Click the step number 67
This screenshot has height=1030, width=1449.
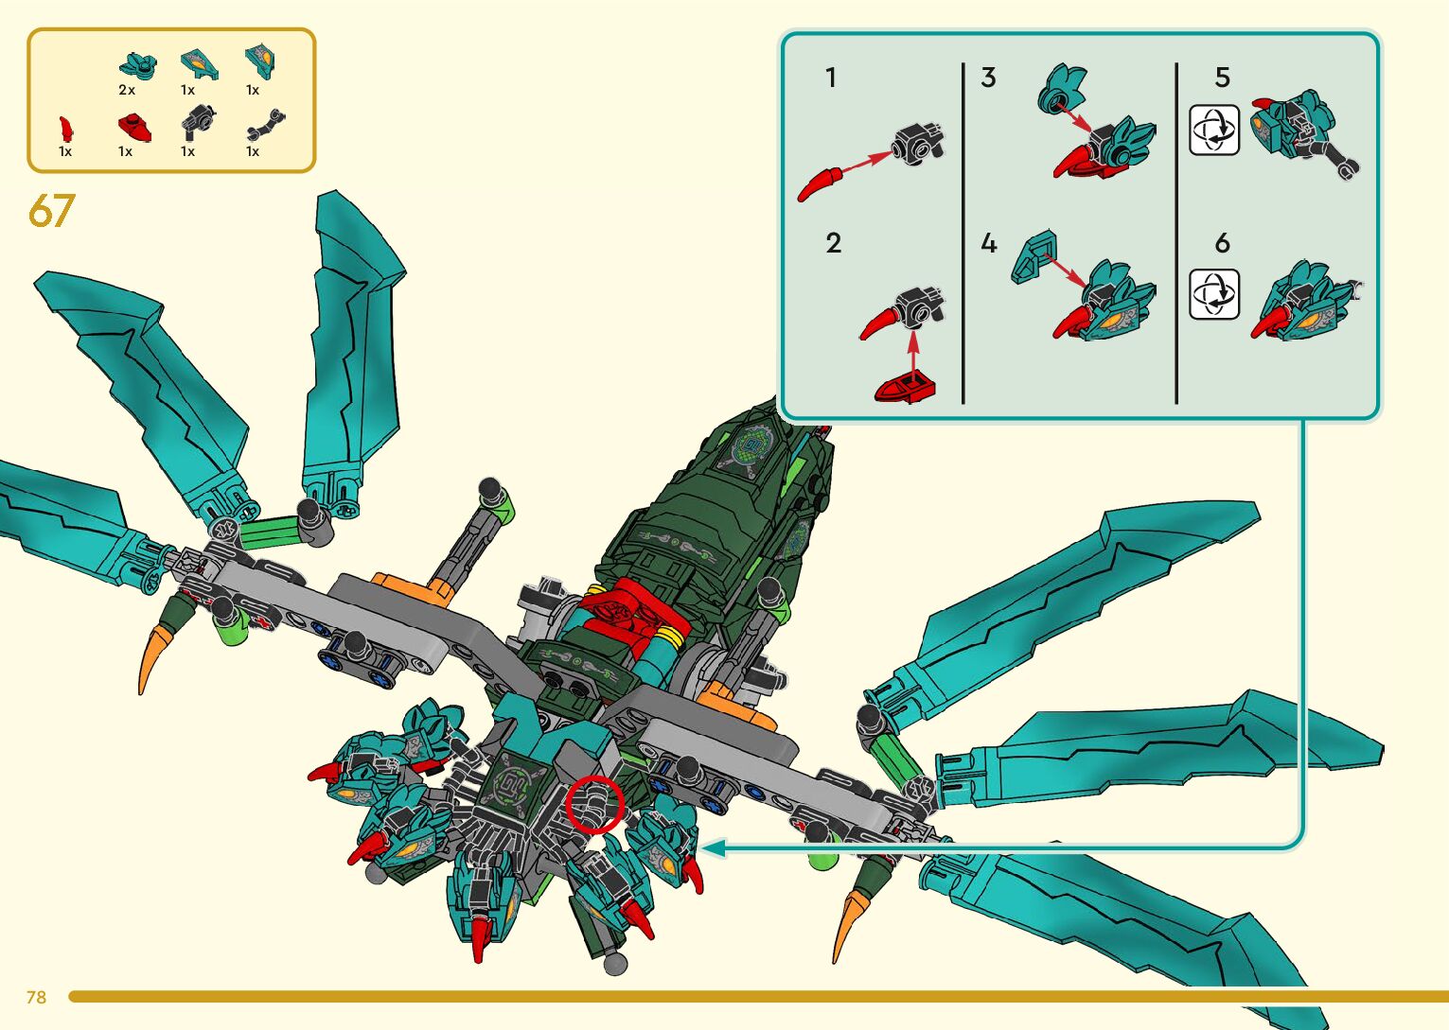coord(51,211)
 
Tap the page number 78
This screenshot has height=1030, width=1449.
coord(37,997)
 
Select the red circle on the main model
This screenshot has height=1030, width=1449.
coord(594,805)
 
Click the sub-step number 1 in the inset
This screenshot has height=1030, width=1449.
coord(831,78)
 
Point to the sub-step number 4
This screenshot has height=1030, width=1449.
coord(989,244)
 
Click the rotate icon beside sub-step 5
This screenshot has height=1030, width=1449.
coord(1213,130)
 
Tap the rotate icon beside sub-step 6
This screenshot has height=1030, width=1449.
coord(1213,294)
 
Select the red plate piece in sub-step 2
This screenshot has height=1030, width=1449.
coord(906,386)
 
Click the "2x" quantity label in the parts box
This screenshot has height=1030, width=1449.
coord(127,91)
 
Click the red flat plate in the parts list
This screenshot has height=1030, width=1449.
coord(134,126)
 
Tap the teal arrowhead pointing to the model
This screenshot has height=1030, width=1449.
coord(712,848)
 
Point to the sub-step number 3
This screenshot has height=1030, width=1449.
coord(988,78)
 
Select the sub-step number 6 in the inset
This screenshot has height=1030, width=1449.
coord(1222,244)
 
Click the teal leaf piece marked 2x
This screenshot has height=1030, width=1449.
coord(137,66)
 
